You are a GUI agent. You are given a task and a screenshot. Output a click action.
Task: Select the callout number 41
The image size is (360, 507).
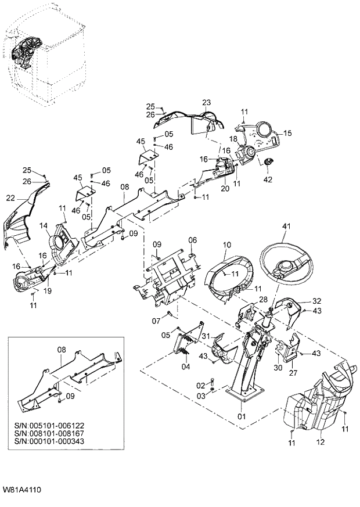(x=285, y=227)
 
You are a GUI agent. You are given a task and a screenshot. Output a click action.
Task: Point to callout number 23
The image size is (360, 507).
(x=206, y=102)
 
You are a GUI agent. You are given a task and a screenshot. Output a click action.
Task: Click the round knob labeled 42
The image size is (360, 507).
(x=268, y=162)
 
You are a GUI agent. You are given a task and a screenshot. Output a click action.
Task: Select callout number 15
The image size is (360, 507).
(x=287, y=133)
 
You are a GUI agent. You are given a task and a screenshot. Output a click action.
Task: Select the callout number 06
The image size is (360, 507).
(x=192, y=239)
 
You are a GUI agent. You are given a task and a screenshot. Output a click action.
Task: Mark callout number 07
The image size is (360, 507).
(x=156, y=321)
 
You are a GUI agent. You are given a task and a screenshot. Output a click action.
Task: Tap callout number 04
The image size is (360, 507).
(x=185, y=366)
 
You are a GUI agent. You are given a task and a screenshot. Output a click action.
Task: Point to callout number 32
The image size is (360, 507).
(x=316, y=301)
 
